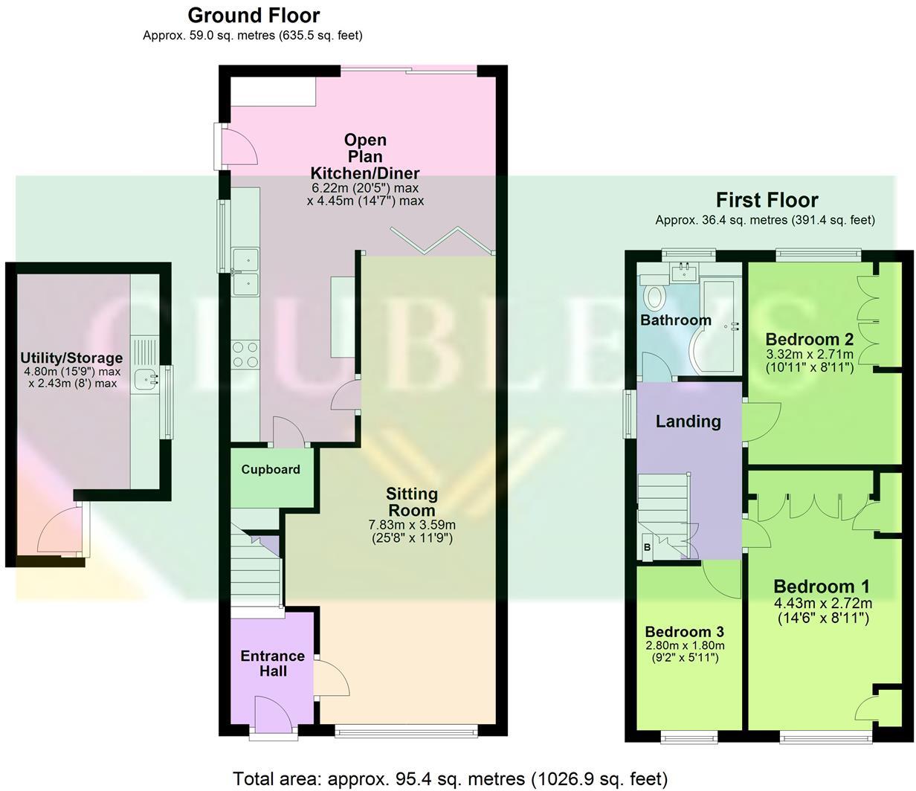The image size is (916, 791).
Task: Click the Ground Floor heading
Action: tap(254, 15)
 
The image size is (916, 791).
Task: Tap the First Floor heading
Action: tap(767, 200)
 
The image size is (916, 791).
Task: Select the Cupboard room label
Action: tap(271, 469)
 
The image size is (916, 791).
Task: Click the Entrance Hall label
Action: tap(273, 663)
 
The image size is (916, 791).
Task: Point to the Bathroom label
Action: tap(676, 320)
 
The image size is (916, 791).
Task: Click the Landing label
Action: tap(688, 422)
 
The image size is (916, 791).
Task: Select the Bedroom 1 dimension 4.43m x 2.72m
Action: tap(822, 603)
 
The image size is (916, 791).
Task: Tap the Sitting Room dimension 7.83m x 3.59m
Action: tap(412, 525)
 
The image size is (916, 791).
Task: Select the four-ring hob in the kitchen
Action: tap(245, 354)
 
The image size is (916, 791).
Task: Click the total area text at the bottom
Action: tap(450, 778)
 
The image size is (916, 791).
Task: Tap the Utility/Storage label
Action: tap(71, 359)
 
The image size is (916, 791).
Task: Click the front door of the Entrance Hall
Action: tap(272, 716)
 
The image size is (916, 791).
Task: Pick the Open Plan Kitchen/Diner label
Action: tap(365, 156)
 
